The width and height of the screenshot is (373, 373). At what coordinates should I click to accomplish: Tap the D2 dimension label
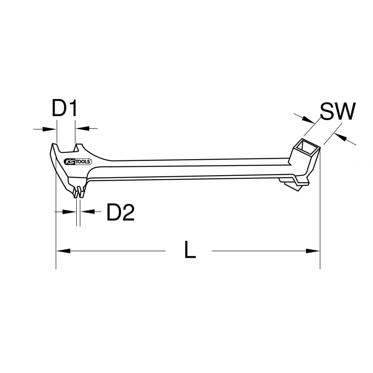(120, 213)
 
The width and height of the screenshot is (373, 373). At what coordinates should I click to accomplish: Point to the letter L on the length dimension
(190, 250)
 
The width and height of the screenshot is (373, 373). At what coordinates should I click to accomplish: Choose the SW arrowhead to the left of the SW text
(309, 120)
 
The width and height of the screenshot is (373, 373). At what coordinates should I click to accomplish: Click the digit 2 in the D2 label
(128, 213)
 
